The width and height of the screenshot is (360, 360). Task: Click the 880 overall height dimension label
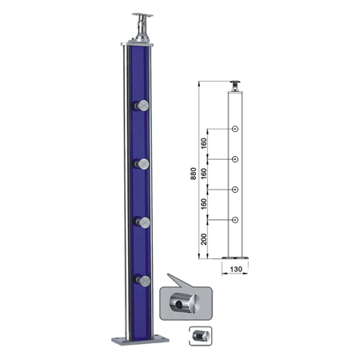pos(194,174)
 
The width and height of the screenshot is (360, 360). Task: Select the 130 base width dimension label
pos(236,269)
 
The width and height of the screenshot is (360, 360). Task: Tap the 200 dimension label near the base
pos(204,239)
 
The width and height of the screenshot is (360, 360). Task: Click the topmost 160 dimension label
pos(204,143)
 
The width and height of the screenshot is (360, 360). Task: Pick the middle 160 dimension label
pos(204,174)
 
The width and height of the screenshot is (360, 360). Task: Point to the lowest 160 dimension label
pos(204,204)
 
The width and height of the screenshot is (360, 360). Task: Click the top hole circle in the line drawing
pos(235,129)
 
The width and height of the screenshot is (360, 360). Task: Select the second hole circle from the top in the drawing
pos(235,159)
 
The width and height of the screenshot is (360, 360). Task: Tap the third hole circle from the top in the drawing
pos(235,190)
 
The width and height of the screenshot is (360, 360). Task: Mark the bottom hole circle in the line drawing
pos(235,220)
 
